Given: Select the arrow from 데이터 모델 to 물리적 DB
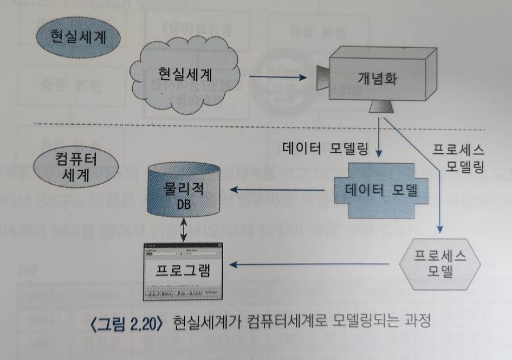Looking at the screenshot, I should pos(278,190).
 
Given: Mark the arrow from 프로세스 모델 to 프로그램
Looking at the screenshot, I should pos(309,265).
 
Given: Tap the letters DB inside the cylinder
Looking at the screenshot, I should pos(184,205).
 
